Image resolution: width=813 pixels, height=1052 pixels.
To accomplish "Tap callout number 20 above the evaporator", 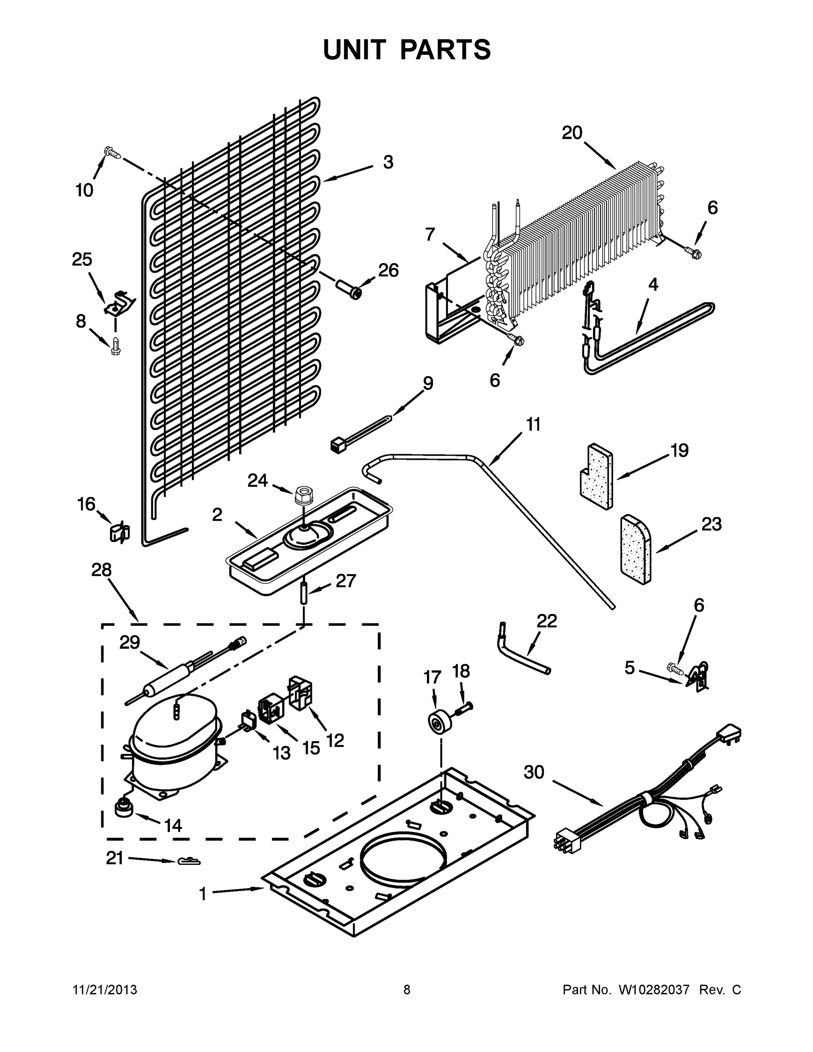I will click(572, 133).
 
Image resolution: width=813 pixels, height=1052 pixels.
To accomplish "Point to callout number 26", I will click(388, 271).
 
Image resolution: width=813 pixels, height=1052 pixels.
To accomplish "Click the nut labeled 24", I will click(302, 495).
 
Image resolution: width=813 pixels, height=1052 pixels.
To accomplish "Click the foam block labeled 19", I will click(596, 476).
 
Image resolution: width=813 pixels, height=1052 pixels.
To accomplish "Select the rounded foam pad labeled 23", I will click(635, 550).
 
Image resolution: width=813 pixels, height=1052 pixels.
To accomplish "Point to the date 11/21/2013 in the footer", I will click(105, 990).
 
